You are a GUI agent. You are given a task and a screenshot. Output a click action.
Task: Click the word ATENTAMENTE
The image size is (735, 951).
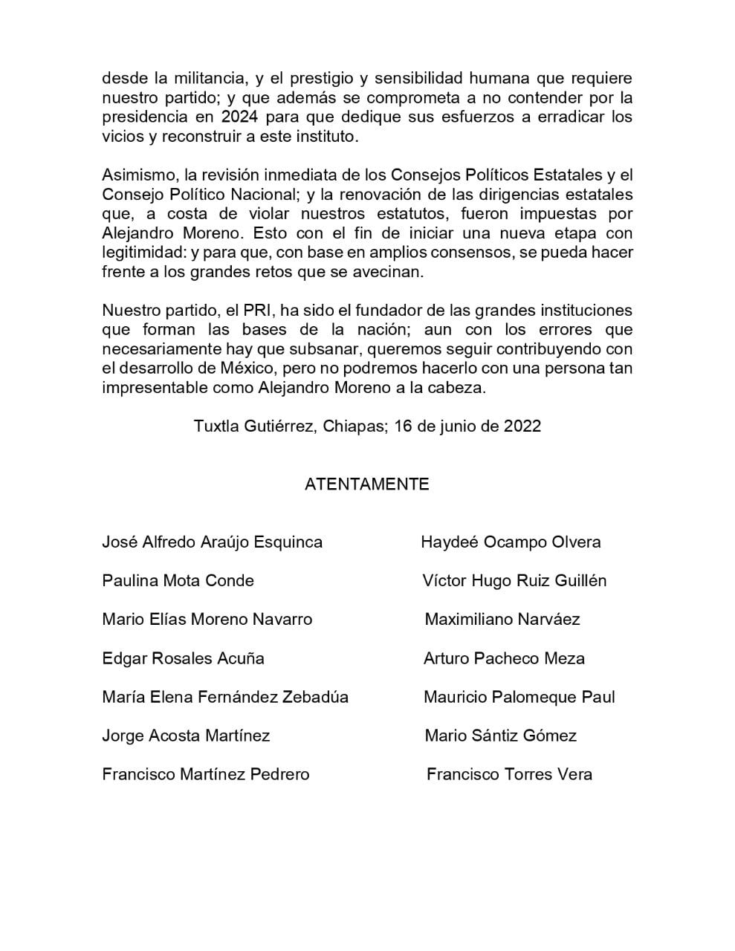coord(366,484)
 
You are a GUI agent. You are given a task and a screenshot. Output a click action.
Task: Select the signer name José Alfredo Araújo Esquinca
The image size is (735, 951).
coord(212,542)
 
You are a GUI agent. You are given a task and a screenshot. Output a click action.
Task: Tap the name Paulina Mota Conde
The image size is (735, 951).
coord(178,581)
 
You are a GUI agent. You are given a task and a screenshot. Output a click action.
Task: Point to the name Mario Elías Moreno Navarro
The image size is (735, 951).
coord(207,620)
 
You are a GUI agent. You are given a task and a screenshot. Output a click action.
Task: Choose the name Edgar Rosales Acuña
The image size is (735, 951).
coord(183,658)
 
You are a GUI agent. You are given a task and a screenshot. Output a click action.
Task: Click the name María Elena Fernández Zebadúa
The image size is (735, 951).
coord(224,697)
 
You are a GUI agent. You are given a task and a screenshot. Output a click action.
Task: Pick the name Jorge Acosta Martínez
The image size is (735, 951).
coord(186,736)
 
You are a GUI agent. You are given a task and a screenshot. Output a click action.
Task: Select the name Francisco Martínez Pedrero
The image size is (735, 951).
coord(205,774)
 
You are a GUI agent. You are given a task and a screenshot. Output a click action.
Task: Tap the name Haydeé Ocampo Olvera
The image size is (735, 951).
coord(511,542)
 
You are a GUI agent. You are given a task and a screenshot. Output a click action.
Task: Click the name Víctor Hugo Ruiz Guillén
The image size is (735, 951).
coord(514,581)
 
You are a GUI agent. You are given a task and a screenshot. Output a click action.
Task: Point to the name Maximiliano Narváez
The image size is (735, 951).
coord(502,620)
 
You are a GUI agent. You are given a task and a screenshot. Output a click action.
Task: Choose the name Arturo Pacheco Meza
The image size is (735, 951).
coord(504,658)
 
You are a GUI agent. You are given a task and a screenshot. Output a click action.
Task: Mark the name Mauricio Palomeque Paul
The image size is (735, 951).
coord(519,697)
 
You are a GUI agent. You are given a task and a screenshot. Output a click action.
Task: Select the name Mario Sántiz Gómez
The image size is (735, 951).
coord(500,736)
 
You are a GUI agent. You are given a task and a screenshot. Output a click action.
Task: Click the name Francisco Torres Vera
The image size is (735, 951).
coord(509,774)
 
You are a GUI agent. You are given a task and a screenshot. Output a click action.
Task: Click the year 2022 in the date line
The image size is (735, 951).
coord(522,426)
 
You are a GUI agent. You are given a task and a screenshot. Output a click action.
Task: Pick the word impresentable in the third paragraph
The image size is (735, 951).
coord(152,388)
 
